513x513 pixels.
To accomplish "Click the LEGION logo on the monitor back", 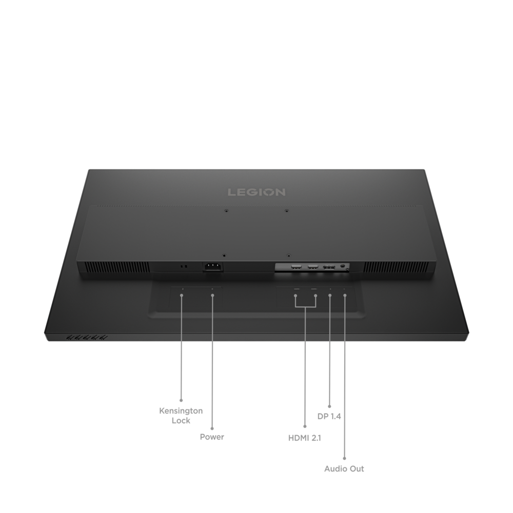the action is (256, 192).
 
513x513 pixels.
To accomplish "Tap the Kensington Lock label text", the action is (181, 416).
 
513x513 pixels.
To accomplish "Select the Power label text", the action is (212, 437).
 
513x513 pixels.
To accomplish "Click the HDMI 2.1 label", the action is (305, 438).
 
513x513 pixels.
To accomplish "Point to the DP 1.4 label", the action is (329, 416).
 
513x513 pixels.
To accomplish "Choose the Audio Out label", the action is (344, 468).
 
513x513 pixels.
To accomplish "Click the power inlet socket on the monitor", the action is (213, 266).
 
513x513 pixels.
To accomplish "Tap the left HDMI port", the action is (297, 267).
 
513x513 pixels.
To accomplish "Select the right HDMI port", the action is (313, 267).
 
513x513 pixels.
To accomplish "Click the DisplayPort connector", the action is (329, 267).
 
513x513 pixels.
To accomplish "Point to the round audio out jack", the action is (343, 266).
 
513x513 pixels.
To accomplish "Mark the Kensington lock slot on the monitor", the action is (184, 267).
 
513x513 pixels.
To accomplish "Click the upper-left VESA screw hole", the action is (226, 211).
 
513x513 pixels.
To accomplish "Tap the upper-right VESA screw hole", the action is (287, 211).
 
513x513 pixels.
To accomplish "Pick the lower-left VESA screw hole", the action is (224, 255).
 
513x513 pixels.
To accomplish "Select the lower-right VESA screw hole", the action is (288, 255).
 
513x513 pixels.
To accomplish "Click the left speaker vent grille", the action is (119, 267).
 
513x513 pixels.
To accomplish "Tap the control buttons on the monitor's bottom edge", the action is (87, 338).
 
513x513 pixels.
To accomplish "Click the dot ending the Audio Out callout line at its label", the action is (344, 458).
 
